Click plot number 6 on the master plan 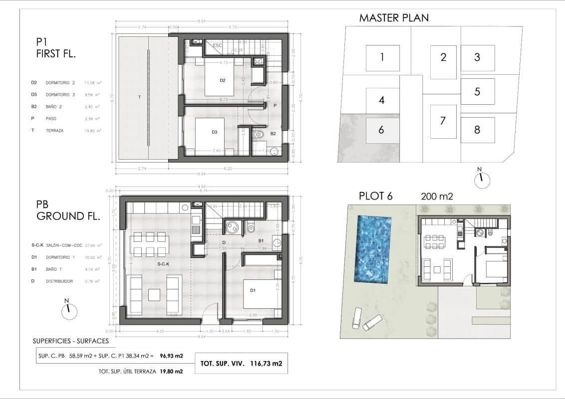pos(381,130)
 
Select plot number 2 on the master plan pos(443,57)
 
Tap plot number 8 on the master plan pos(477,130)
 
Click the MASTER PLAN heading pos(394,18)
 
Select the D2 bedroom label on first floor pos(223,80)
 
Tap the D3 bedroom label pos(215,132)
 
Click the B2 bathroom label pos(273,134)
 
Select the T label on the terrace pos(139,97)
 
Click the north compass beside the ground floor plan pos(69,311)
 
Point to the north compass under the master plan pos(482,180)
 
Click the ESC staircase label pos(217,45)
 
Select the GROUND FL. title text pos(68,216)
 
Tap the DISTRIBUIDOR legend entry pos(59,281)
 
